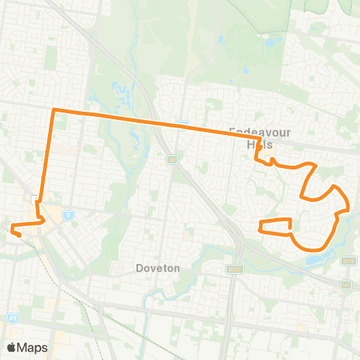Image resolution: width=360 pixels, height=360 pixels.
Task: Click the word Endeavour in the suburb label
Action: (x=259, y=129)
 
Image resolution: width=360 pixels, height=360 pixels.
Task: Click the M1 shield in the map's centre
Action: (x=172, y=159)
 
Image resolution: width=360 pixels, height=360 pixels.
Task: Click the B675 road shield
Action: (x=347, y=261)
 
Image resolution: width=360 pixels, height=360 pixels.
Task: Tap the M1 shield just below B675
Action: (x=346, y=284)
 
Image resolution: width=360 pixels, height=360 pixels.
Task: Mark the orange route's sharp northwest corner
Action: (x=52, y=111)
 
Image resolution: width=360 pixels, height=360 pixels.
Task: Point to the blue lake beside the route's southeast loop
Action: (x=319, y=259)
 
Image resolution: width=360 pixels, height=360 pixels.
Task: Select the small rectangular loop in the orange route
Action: (x=274, y=226)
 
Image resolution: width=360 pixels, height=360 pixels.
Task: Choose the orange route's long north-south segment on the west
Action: (x=48, y=157)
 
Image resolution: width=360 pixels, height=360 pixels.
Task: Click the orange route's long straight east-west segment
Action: (x=150, y=121)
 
